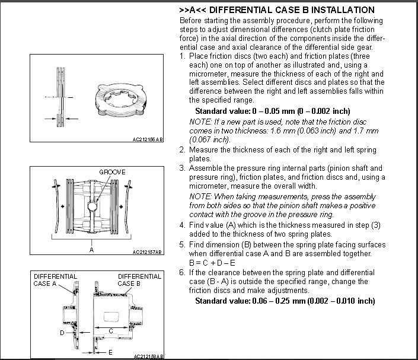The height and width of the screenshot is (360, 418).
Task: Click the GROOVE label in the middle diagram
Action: coord(112,173)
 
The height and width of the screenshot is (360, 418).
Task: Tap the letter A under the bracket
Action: coord(92,250)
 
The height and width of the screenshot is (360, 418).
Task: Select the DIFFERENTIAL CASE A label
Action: coord(54,280)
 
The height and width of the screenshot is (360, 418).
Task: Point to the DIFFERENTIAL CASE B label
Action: coord(140,280)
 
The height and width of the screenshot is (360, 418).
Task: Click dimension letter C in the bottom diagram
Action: coord(111,330)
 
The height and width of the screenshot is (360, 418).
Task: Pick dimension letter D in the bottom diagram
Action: coord(62,333)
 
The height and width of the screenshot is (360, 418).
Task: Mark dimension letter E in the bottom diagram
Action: coord(110,352)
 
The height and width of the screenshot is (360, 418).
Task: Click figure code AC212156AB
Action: coord(148,140)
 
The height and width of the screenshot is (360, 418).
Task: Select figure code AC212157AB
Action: coord(148,252)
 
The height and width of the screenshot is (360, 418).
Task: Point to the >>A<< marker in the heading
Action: coord(190,10)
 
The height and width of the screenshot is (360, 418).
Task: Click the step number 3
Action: coord(182,168)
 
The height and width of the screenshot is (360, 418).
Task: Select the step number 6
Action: coord(182,272)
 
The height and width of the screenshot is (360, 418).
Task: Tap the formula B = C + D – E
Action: coord(212,263)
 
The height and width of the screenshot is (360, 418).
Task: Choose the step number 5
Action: coord(182,245)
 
